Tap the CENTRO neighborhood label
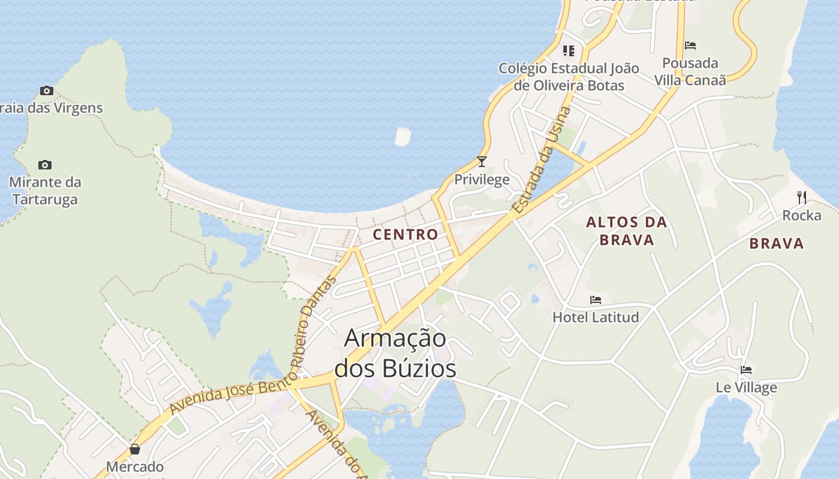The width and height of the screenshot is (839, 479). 406,234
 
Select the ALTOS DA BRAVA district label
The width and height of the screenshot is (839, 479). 626,231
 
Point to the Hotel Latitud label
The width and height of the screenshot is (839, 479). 596,317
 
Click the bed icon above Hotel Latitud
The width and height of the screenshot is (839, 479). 595,299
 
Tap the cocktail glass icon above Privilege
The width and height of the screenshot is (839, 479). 481,162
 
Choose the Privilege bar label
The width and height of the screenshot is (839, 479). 482,179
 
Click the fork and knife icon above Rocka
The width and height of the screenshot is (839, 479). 801,197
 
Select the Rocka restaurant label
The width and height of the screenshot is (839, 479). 801,215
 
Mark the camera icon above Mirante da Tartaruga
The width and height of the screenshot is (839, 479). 45,165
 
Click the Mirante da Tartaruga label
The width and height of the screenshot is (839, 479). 45,190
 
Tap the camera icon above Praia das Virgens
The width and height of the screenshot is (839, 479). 47,91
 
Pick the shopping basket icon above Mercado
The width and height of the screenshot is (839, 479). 135,449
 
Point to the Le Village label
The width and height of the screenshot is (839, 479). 746,387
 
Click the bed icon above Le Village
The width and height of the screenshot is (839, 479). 746,370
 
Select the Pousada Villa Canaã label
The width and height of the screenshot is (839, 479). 690,71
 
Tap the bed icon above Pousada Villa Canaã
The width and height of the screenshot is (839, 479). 690,46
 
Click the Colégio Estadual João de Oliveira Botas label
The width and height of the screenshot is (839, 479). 569,77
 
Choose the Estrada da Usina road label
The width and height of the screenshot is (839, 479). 542,160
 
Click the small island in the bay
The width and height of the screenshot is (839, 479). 403,136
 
